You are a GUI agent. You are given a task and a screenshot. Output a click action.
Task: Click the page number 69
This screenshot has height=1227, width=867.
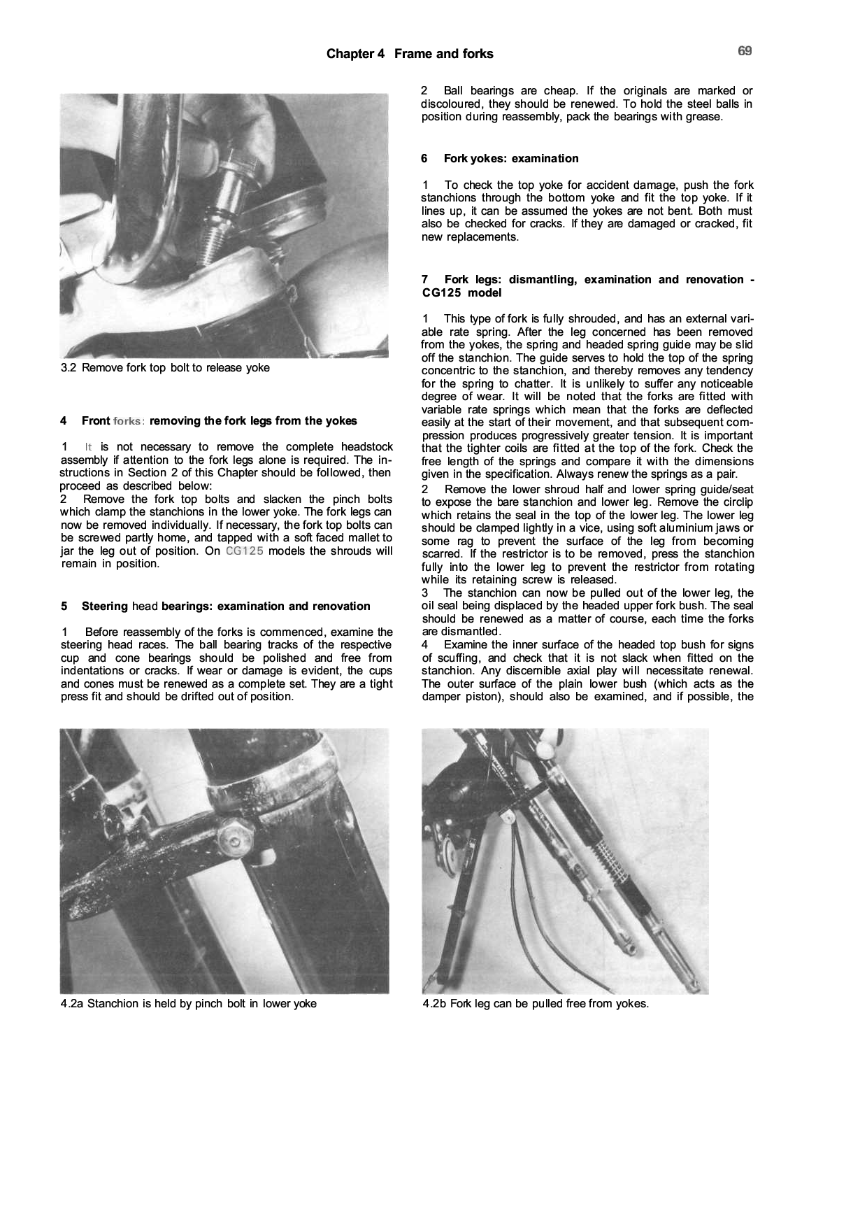745,51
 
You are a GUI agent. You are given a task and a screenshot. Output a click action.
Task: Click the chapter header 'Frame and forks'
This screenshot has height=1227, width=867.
443,54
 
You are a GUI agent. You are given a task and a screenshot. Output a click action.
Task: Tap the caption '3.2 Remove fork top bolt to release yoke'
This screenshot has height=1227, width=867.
165,368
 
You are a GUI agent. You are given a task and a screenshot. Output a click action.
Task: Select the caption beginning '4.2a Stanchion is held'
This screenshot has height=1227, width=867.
189,1004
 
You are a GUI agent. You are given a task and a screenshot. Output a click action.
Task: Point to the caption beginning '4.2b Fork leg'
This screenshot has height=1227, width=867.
536,1004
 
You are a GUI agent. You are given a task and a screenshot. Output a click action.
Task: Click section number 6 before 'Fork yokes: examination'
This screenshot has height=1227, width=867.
424,159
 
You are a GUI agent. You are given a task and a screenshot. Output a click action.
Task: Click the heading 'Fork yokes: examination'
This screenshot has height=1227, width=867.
511,159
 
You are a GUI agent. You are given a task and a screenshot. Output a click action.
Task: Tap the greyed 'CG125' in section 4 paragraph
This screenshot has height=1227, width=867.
244,551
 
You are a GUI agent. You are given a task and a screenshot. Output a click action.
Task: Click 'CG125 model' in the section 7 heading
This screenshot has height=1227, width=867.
461,292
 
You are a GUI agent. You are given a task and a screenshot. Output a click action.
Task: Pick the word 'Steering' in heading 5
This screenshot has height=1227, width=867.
105,607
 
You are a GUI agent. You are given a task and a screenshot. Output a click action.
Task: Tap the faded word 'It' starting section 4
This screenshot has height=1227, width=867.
88,447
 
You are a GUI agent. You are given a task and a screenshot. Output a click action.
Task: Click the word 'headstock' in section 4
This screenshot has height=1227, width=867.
366,447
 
